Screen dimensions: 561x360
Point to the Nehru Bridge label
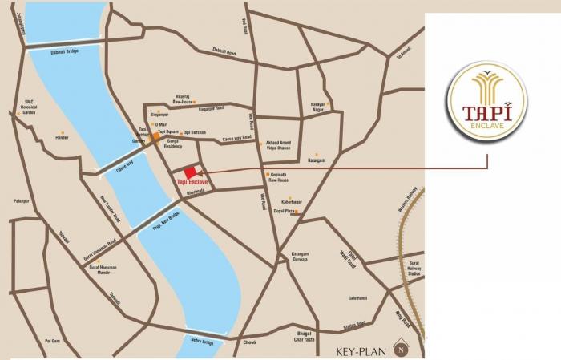click(202, 342)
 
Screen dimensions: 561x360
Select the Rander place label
click(62, 137)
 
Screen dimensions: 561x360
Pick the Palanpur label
click(22, 201)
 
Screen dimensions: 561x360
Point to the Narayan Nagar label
click(318, 108)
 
